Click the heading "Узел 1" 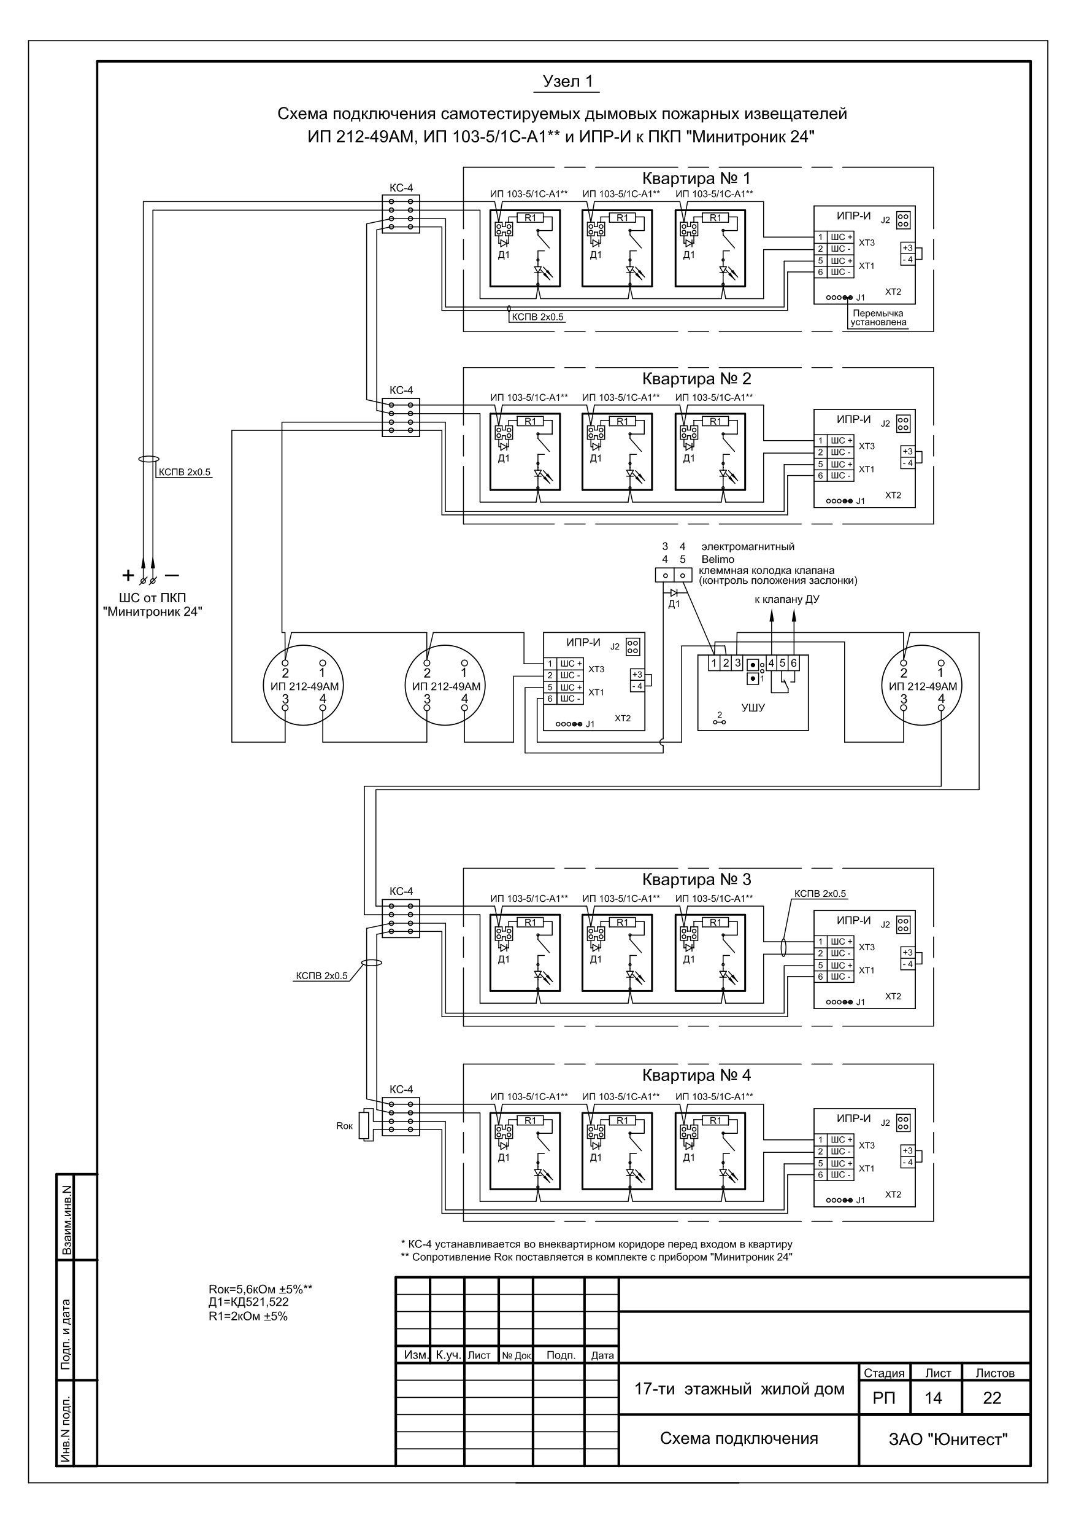567,82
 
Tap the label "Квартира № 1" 697,179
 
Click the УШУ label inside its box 753,708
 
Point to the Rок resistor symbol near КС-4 364,1126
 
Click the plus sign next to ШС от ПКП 127,575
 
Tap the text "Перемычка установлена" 878,318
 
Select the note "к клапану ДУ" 787,600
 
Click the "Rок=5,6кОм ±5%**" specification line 260,1290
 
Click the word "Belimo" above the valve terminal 718,559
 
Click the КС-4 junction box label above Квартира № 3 401,891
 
